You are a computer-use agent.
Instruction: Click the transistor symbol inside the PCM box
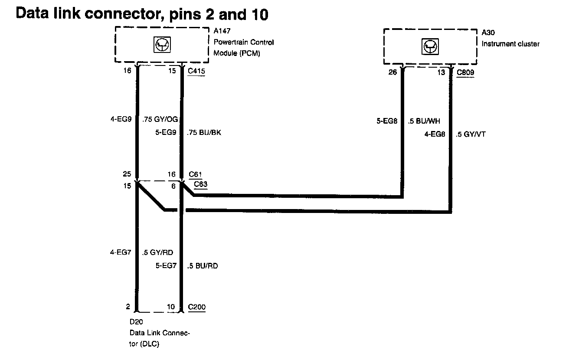point(162,45)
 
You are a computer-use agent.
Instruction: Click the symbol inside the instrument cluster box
point(430,46)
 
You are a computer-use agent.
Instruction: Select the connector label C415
point(196,71)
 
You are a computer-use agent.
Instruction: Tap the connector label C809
point(465,72)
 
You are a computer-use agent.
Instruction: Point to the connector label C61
point(196,175)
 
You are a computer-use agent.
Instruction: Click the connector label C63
point(201,184)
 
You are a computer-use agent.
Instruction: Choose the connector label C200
point(197,307)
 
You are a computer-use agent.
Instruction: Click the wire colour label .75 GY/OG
point(160,119)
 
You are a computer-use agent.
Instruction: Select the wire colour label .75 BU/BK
point(203,133)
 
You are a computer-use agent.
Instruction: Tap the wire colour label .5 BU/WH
point(424,121)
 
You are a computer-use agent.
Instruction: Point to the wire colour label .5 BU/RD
point(202,265)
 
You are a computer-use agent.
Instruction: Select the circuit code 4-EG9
point(121,119)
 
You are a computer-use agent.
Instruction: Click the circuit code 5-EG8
point(387,121)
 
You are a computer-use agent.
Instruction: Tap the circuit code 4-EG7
point(121,252)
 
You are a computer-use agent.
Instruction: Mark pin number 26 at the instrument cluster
point(392,72)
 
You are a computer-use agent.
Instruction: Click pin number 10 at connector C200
point(171,307)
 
